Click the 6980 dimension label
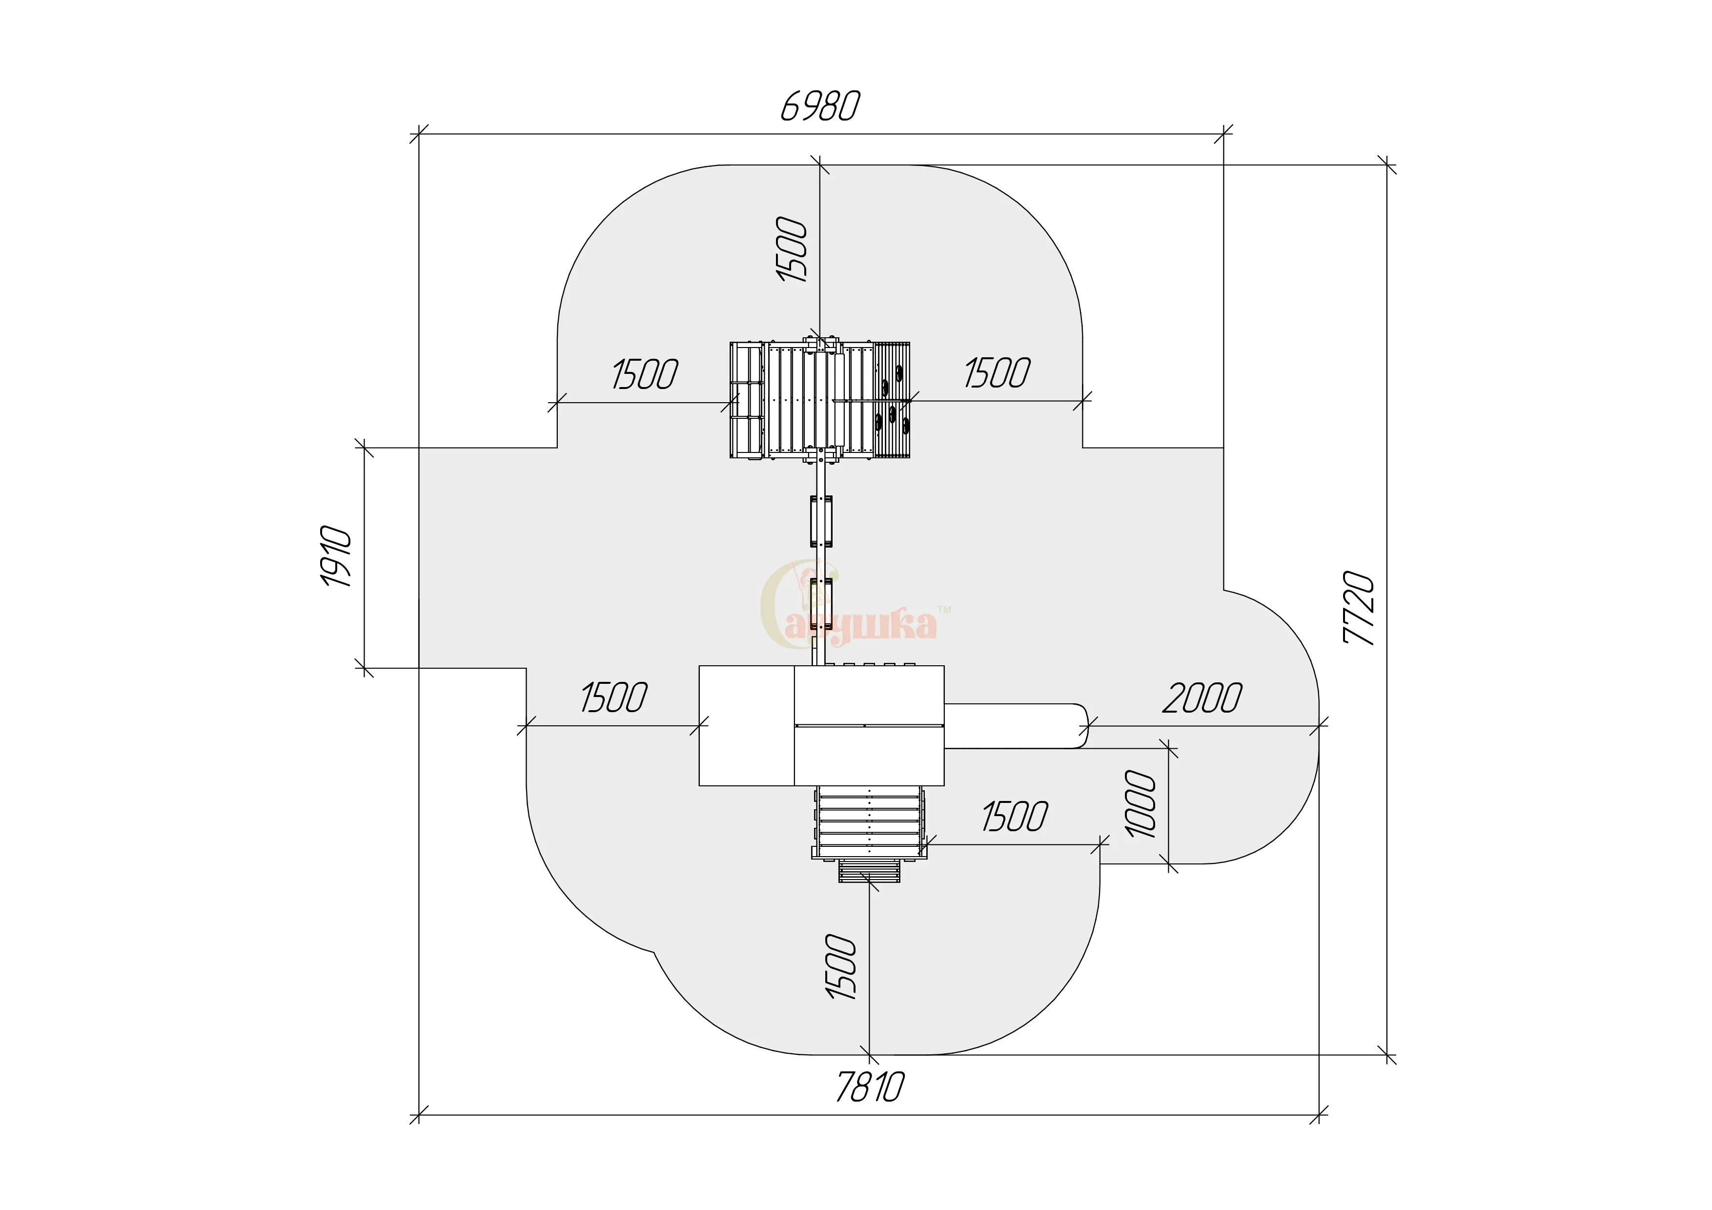click(x=820, y=106)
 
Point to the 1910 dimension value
click(x=336, y=556)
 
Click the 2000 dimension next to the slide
click(x=1202, y=698)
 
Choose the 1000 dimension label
click(x=1140, y=804)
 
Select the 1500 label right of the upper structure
click(x=997, y=373)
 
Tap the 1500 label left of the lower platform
click(x=613, y=698)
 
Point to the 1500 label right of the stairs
click(x=1015, y=817)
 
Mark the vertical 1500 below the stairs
click(x=841, y=967)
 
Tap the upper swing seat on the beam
click(x=821, y=521)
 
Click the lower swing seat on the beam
click(x=821, y=604)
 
